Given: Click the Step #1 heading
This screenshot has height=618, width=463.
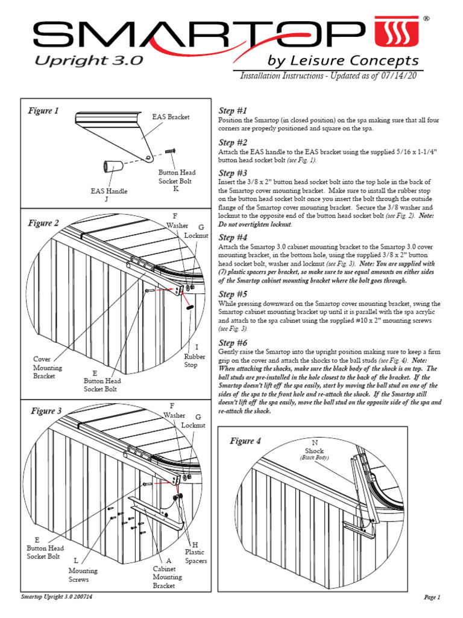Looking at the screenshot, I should pyautogui.click(x=232, y=110).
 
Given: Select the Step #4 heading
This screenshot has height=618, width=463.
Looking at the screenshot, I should pyautogui.click(x=232, y=237).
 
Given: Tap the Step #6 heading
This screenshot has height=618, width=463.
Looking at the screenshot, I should pyautogui.click(x=232, y=342).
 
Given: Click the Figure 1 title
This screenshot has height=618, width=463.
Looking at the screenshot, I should pyautogui.click(x=44, y=110).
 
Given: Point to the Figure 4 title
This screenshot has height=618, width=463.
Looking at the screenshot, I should pyautogui.click(x=245, y=441).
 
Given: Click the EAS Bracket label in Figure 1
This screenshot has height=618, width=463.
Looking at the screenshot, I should pyautogui.click(x=171, y=116).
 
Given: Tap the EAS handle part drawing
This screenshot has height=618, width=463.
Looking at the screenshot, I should pyautogui.click(x=113, y=166).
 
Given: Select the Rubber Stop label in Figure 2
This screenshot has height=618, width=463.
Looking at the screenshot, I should pyautogui.click(x=191, y=357).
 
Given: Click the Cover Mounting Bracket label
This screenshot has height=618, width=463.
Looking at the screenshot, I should pyautogui.click(x=47, y=367).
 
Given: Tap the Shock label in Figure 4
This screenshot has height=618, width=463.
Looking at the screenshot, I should pyautogui.click(x=314, y=451).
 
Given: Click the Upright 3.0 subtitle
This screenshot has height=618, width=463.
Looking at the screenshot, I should pyautogui.click(x=88, y=60).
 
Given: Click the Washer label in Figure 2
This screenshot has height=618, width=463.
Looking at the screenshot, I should pyautogui.click(x=177, y=225).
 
